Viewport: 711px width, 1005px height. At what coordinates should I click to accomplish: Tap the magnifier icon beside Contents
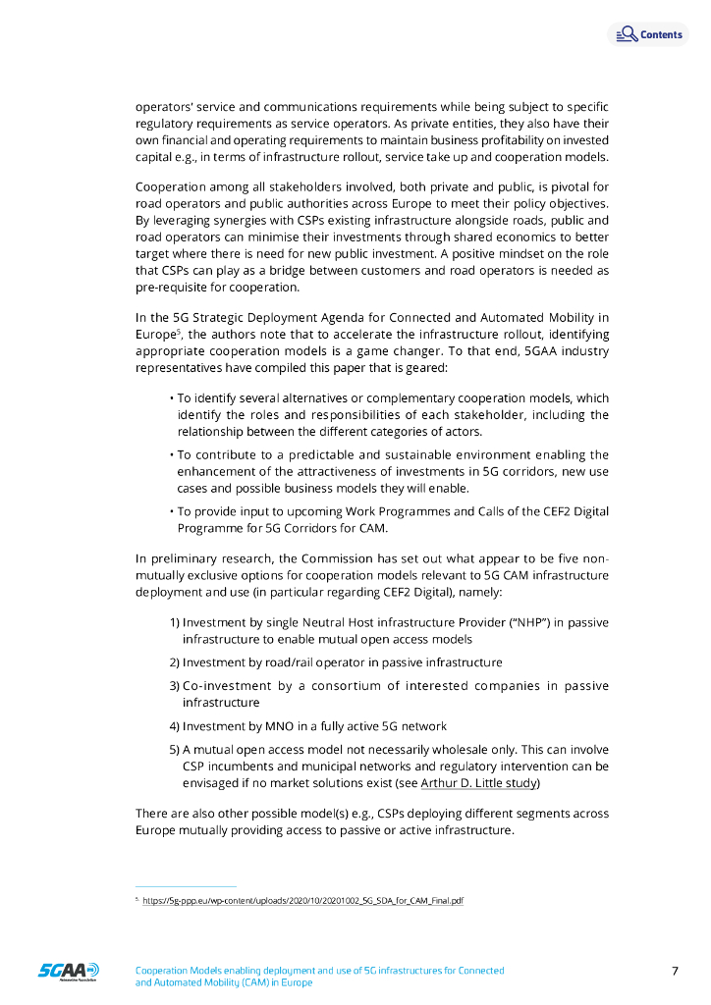pyautogui.click(x=626, y=34)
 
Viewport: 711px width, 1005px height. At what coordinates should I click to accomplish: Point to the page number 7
pyautogui.click(x=675, y=972)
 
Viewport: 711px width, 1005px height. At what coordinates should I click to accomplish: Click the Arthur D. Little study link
pyautogui.click(x=479, y=782)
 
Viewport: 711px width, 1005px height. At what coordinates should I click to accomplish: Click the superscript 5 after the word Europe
pyautogui.click(x=179, y=330)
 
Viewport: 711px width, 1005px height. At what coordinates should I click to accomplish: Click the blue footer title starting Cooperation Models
pyautogui.click(x=319, y=970)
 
